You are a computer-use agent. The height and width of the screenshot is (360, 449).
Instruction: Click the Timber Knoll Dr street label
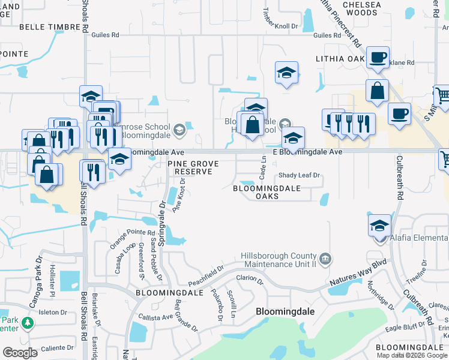(x=281, y=17)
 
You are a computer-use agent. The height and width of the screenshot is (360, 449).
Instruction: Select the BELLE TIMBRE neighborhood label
(x=46, y=27)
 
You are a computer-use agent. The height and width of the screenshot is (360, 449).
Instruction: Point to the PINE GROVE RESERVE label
(x=193, y=167)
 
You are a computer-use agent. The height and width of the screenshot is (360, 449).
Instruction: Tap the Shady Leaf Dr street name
(x=300, y=176)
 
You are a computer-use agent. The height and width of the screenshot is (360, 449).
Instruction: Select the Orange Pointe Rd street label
(x=124, y=239)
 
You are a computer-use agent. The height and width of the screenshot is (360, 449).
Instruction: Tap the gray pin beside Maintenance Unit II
(x=325, y=259)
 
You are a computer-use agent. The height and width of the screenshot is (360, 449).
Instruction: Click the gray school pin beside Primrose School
(x=179, y=130)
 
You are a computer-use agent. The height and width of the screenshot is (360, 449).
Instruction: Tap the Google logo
(x=20, y=353)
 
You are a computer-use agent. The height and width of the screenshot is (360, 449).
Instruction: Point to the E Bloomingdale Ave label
(x=307, y=152)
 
